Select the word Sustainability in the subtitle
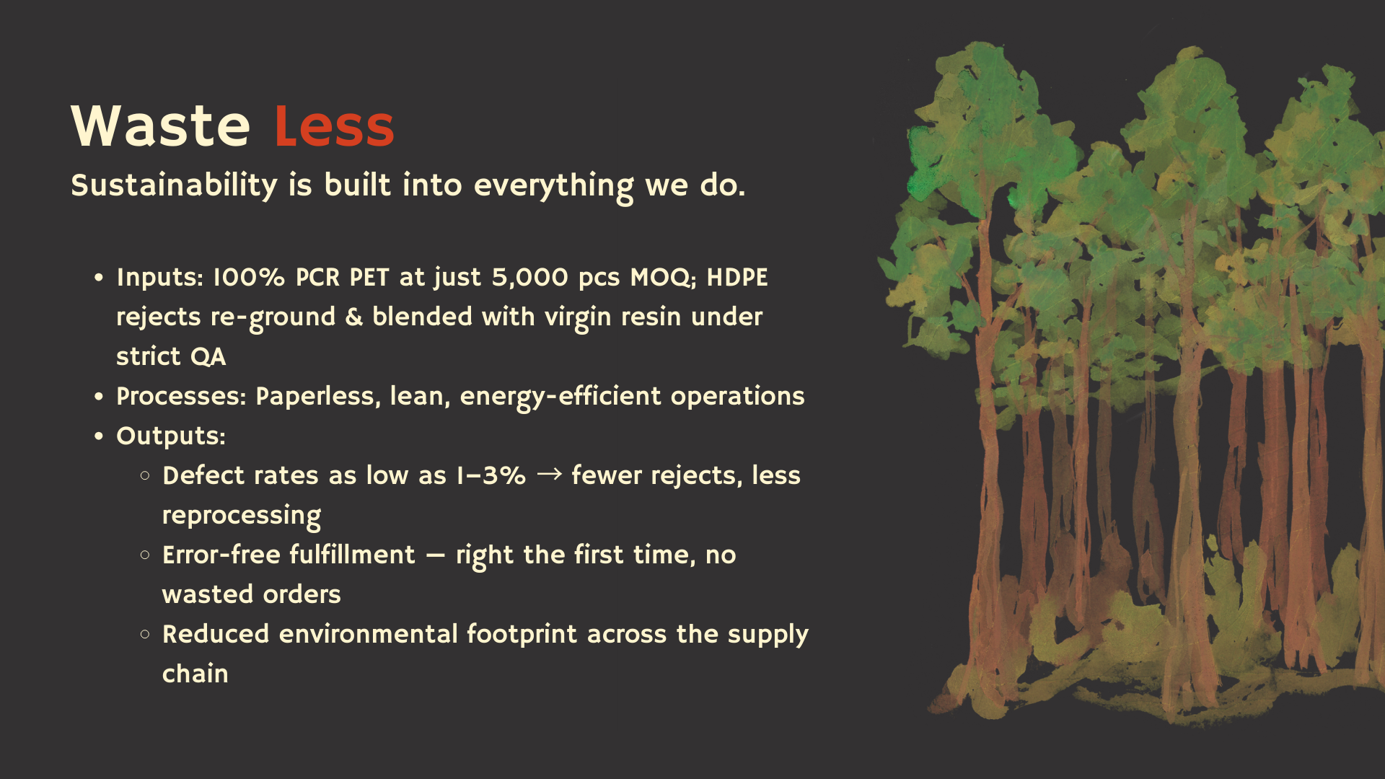point(174,186)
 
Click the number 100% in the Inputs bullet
point(249,278)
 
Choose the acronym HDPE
point(737,278)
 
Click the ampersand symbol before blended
point(354,317)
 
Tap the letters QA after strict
point(208,357)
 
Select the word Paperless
point(318,397)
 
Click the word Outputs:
point(171,436)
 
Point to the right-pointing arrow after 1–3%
point(550,474)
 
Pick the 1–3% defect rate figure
point(491,476)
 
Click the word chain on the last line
point(195,674)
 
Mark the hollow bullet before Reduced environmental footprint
point(145,634)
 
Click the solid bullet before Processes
point(100,397)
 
